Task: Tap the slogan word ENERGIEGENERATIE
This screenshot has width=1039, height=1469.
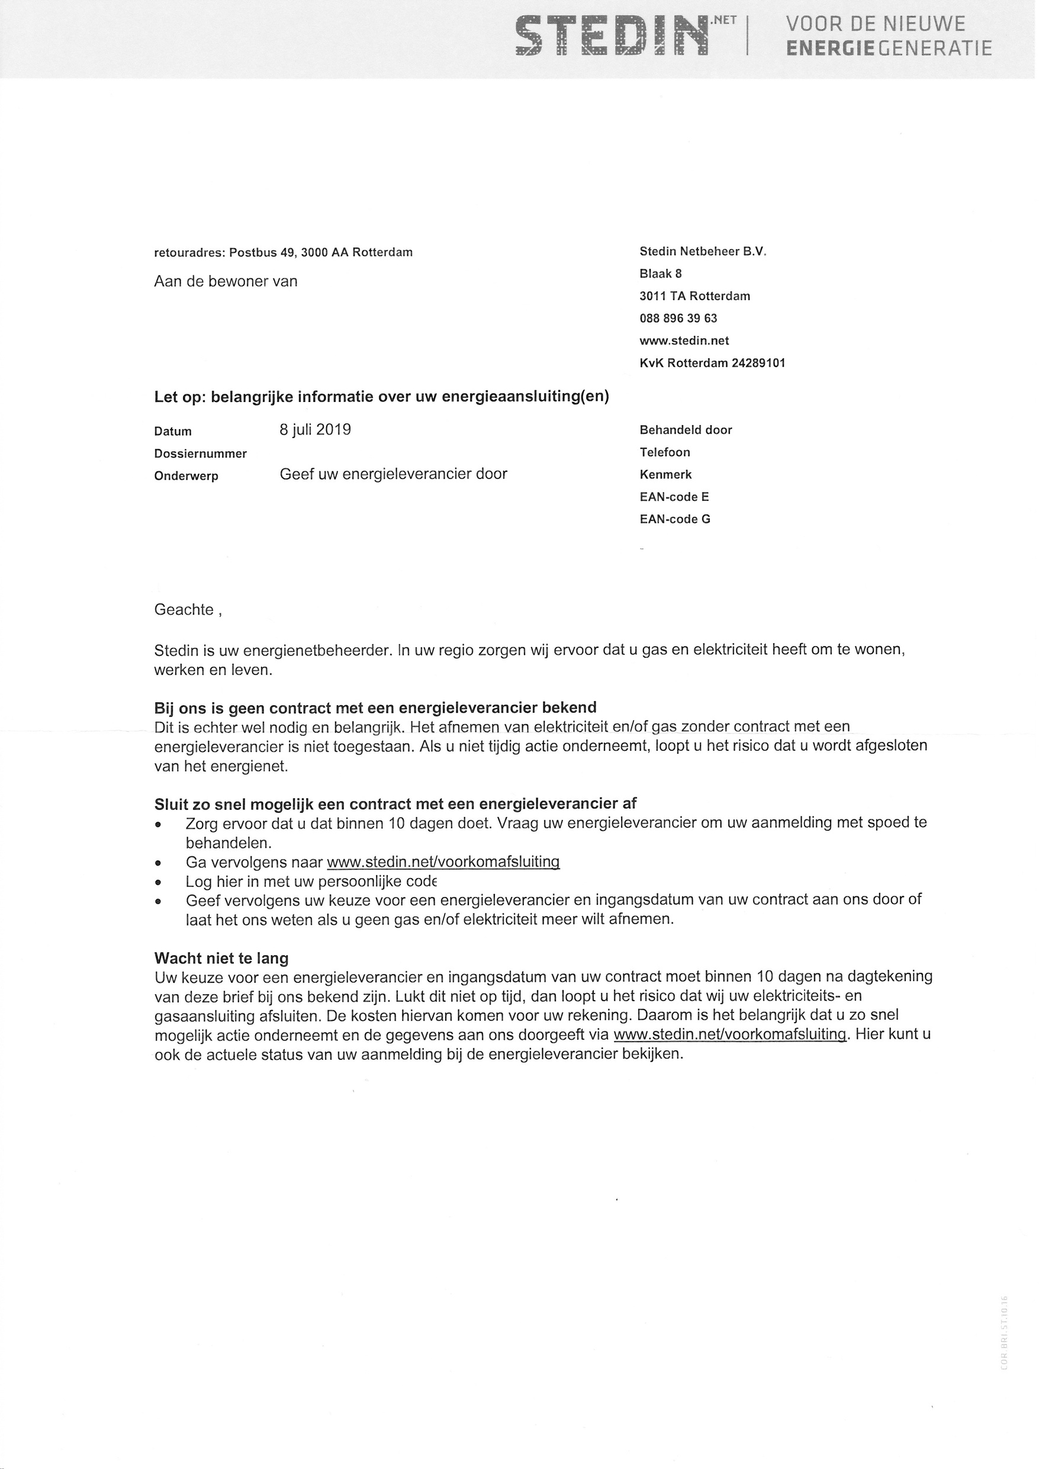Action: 889,49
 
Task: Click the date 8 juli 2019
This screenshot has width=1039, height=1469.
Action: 316,429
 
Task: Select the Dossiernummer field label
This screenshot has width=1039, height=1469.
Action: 200,454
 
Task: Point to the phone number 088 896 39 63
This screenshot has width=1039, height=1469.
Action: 678,318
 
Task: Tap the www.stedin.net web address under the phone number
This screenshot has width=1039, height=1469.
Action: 684,340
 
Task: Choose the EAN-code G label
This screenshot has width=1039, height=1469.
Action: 674,519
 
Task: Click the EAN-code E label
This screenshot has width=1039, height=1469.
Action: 674,497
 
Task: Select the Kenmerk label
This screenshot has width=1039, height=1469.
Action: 665,474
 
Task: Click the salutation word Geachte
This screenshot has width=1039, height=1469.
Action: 184,609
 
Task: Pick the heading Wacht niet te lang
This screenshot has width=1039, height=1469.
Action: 221,958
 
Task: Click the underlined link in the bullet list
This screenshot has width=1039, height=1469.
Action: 443,862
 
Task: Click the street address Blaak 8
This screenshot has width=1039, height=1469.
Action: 660,273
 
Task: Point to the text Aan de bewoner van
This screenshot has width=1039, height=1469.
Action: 226,281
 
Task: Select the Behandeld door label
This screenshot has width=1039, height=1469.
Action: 685,430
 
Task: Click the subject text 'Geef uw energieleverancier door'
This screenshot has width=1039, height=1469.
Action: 394,474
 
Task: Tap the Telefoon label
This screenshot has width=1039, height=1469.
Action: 665,452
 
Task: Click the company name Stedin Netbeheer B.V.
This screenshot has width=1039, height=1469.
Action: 702,252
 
